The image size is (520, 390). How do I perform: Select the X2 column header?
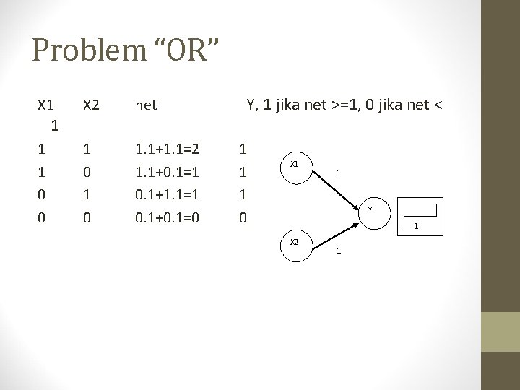tap(91, 105)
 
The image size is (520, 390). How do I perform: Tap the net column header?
tap(146, 105)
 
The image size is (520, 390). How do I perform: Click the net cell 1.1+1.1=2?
tap(168, 150)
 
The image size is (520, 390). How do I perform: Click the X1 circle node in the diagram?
tap(295, 165)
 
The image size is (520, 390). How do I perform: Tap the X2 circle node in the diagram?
tap(295, 241)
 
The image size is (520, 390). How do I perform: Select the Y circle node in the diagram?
tap(369, 210)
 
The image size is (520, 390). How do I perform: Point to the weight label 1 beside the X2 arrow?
tap(339, 251)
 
